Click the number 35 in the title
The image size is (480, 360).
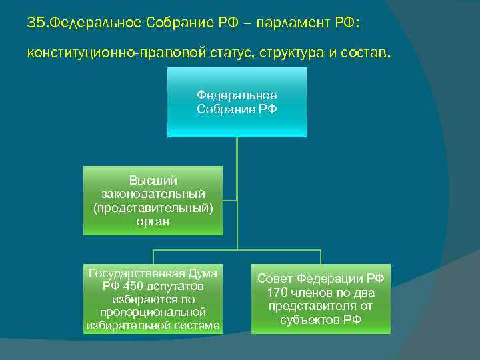coord(35,23)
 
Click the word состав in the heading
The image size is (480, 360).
coord(361,52)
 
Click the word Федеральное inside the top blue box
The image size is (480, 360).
coord(237,96)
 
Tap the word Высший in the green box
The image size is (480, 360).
coord(153,181)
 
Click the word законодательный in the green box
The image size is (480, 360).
coord(153,194)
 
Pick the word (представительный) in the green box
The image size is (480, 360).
coord(153,208)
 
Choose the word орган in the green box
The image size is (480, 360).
coord(153,222)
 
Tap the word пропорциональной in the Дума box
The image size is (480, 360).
coord(153,312)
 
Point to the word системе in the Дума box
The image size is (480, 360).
coord(198,325)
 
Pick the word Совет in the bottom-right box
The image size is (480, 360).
coord(274,279)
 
